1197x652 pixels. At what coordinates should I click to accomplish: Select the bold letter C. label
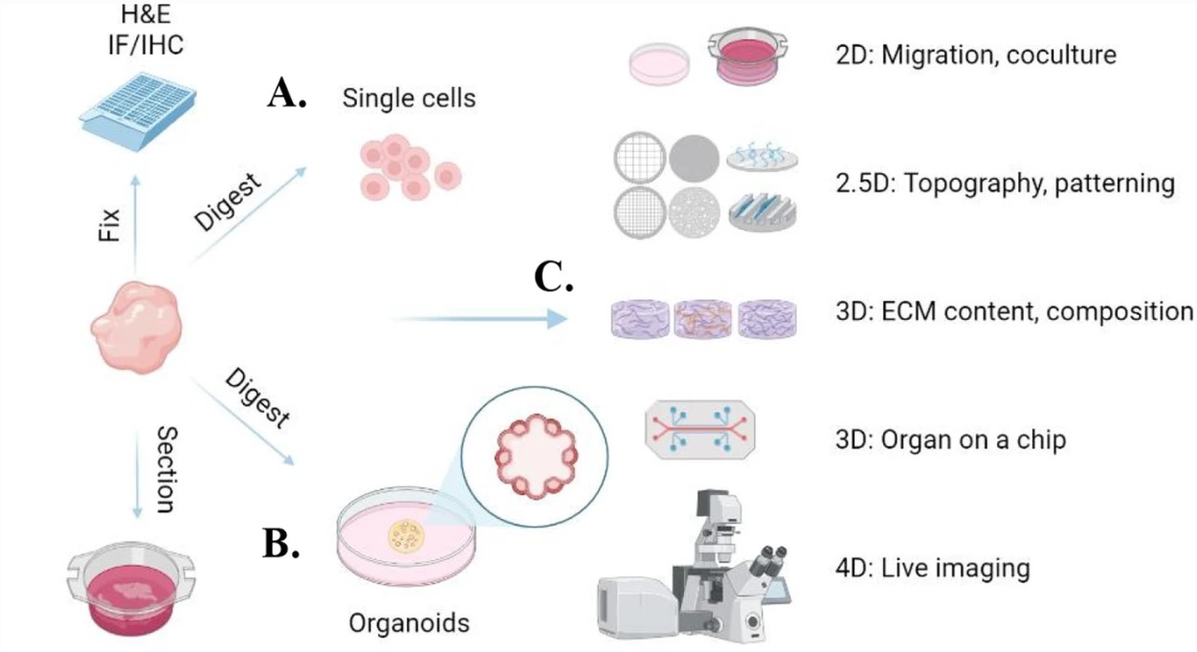pos(554,278)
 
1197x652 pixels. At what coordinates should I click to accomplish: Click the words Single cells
pos(409,98)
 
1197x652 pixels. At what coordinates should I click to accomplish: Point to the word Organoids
pos(409,624)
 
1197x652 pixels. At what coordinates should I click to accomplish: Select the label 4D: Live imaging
pos(932,568)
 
